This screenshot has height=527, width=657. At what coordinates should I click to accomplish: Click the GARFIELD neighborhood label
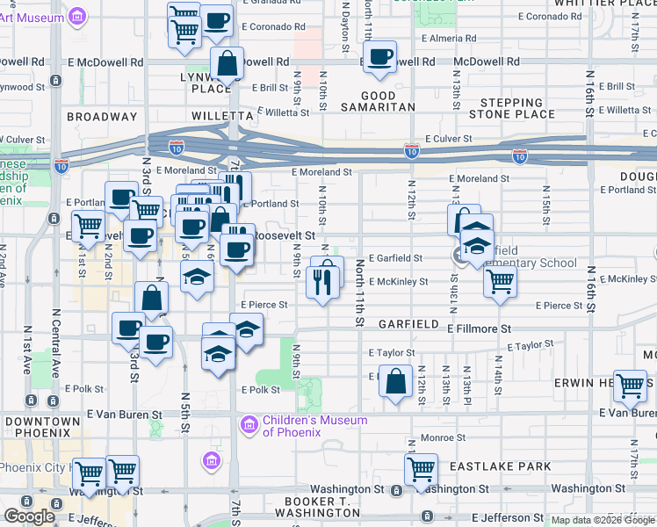(x=408, y=324)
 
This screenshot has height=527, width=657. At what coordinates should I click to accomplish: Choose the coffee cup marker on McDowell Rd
(x=379, y=58)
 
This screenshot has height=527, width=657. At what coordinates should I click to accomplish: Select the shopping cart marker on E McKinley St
(x=500, y=281)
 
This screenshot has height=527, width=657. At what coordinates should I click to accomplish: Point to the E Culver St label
(x=449, y=139)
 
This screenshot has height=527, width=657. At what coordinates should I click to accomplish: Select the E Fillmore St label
(x=478, y=328)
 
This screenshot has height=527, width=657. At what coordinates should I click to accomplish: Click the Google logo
(x=29, y=516)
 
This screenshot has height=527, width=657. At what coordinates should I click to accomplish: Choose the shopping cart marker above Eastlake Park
(x=422, y=467)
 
